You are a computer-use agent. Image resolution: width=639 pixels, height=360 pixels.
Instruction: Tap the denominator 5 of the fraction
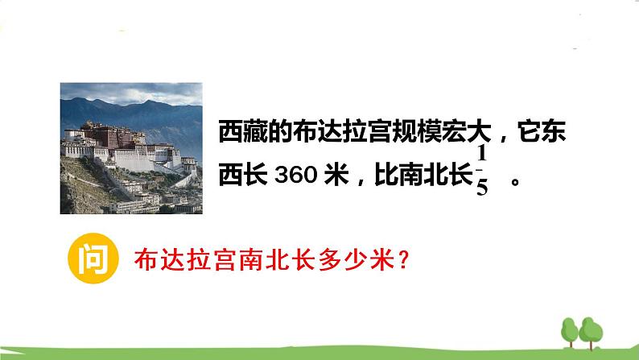coord(482,190)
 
